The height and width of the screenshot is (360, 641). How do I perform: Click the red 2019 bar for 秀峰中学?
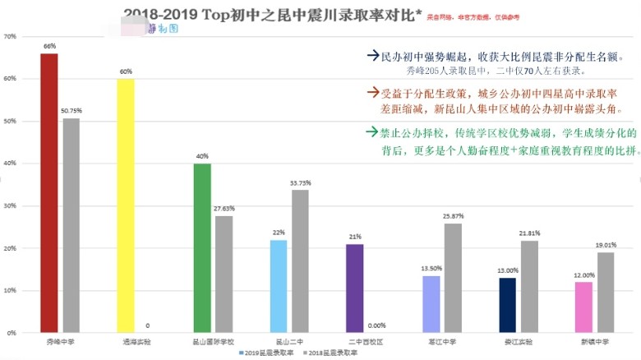[48, 193]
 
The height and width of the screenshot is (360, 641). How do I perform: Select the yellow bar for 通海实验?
[126, 205]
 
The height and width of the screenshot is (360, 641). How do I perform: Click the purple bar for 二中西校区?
[355, 288]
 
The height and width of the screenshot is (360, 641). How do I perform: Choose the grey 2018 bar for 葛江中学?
[453, 278]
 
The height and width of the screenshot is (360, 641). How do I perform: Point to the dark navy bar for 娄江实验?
[508, 305]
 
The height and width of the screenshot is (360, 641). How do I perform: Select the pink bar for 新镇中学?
[584, 307]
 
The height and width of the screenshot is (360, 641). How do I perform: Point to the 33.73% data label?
[300, 182]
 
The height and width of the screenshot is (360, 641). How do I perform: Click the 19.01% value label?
[606, 245]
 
